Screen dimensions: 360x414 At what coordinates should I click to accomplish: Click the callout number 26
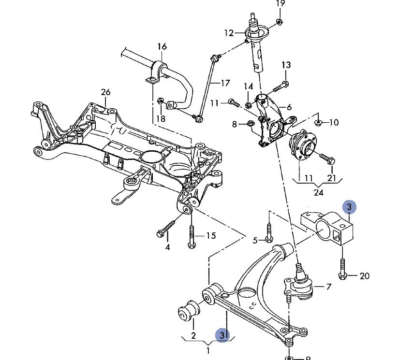click(x=105, y=92)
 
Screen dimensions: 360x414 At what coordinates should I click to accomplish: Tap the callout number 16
click(x=162, y=47)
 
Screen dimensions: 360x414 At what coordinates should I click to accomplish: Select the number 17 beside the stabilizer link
click(x=225, y=83)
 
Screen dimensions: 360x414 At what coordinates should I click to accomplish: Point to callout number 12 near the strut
click(x=229, y=33)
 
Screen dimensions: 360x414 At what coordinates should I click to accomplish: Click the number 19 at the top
click(x=281, y=3)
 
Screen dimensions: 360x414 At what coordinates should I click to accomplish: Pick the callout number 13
click(x=286, y=65)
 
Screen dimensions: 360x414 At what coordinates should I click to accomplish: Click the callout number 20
click(x=365, y=276)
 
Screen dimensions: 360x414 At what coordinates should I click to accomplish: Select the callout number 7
click(x=328, y=287)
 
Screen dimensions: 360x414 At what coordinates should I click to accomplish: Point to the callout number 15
click(x=211, y=236)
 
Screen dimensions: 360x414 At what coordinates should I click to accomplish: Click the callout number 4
click(x=167, y=247)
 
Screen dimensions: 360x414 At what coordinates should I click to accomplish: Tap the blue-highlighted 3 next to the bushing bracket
click(x=350, y=207)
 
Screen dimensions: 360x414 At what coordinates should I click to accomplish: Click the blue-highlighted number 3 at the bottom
click(x=223, y=334)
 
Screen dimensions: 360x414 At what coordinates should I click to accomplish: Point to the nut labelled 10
click(x=318, y=122)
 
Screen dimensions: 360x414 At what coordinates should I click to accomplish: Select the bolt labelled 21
click(x=328, y=158)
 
